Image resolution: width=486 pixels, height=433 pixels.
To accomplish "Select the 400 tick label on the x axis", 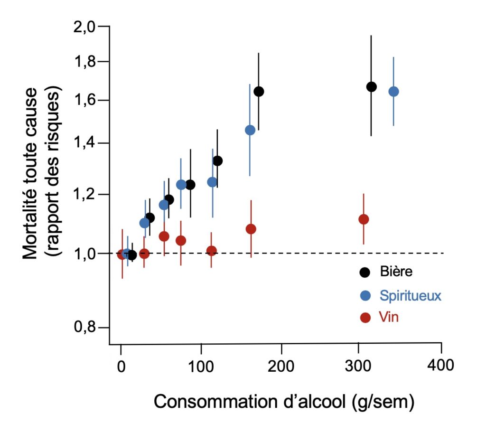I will [x=441, y=365].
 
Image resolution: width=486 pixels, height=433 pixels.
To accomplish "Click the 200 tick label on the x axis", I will [x=281, y=365].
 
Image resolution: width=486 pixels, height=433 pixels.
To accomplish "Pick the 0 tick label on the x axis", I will [x=121, y=365].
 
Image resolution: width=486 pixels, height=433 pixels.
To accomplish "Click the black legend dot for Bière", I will [x=365, y=272].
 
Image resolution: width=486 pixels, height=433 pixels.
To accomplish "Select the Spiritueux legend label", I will [x=411, y=295].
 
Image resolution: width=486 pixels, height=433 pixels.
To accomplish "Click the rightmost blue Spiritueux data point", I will [x=393, y=92].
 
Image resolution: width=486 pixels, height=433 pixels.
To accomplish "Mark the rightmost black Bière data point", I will [x=372, y=86].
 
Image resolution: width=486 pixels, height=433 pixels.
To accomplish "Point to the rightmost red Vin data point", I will [x=364, y=219].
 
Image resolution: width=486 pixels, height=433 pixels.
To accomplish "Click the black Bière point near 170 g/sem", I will [x=259, y=92].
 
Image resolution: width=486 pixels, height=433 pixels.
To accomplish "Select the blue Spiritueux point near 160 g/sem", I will [x=250, y=130].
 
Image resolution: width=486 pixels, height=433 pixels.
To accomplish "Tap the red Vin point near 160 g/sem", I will [x=251, y=229].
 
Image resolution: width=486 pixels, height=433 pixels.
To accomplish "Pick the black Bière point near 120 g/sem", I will [x=218, y=161].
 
